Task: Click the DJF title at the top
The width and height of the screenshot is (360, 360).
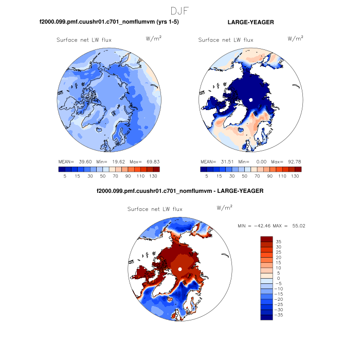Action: tap(180, 10)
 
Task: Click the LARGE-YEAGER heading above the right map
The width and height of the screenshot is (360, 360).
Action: tap(250, 22)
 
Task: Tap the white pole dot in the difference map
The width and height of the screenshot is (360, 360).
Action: tap(180, 269)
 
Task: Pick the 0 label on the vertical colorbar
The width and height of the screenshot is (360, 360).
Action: tap(278, 278)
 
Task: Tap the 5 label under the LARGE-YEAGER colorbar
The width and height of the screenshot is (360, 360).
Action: tap(206, 176)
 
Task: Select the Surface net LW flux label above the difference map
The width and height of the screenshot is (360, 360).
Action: tap(155, 209)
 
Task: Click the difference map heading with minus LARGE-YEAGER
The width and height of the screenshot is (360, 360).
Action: tap(180, 191)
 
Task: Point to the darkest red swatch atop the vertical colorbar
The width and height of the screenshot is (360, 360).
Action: tap(266, 239)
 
